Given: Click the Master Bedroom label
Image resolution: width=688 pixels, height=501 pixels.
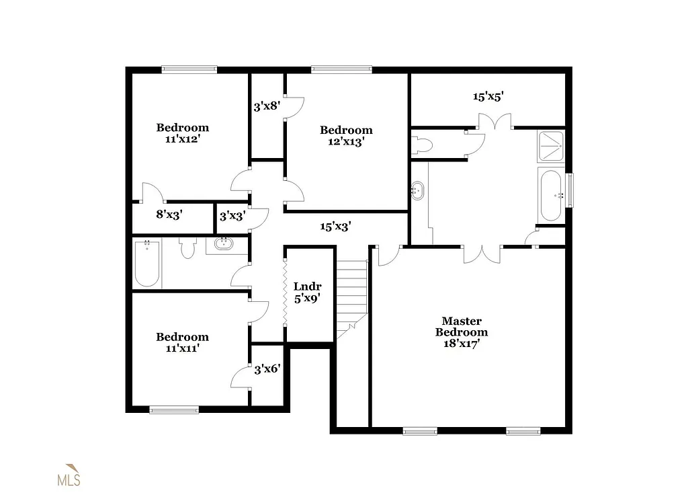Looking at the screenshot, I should click(x=461, y=327).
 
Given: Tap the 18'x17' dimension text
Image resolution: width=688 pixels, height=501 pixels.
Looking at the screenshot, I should click(x=461, y=343).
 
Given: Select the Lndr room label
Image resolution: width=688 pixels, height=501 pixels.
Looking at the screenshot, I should click(x=308, y=286).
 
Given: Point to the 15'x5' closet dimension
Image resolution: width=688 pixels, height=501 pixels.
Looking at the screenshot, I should click(x=488, y=96).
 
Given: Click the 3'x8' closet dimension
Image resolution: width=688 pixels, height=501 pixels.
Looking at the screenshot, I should click(x=267, y=106).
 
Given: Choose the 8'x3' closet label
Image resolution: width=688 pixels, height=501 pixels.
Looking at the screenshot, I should click(x=169, y=215).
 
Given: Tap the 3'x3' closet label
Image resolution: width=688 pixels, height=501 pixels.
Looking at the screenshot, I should click(x=232, y=216).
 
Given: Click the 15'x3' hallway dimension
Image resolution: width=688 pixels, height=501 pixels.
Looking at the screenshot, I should click(x=335, y=227).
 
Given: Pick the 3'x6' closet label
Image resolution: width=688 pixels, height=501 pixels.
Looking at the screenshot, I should click(x=267, y=369).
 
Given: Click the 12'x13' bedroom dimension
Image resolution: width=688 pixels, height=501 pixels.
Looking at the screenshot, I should click(x=346, y=141).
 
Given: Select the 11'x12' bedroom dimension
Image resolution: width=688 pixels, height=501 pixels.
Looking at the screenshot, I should click(x=183, y=139).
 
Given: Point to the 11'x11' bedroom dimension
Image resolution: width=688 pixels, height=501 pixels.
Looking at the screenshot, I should click(x=183, y=348).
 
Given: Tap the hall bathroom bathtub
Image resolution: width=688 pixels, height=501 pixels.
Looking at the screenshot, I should click(x=147, y=264).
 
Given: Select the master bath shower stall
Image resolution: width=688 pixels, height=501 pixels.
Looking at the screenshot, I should click(x=550, y=147).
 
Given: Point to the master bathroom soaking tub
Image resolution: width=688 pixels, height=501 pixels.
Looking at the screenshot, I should click(x=550, y=195).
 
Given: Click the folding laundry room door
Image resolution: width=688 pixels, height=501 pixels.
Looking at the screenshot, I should click(x=285, y=295).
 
